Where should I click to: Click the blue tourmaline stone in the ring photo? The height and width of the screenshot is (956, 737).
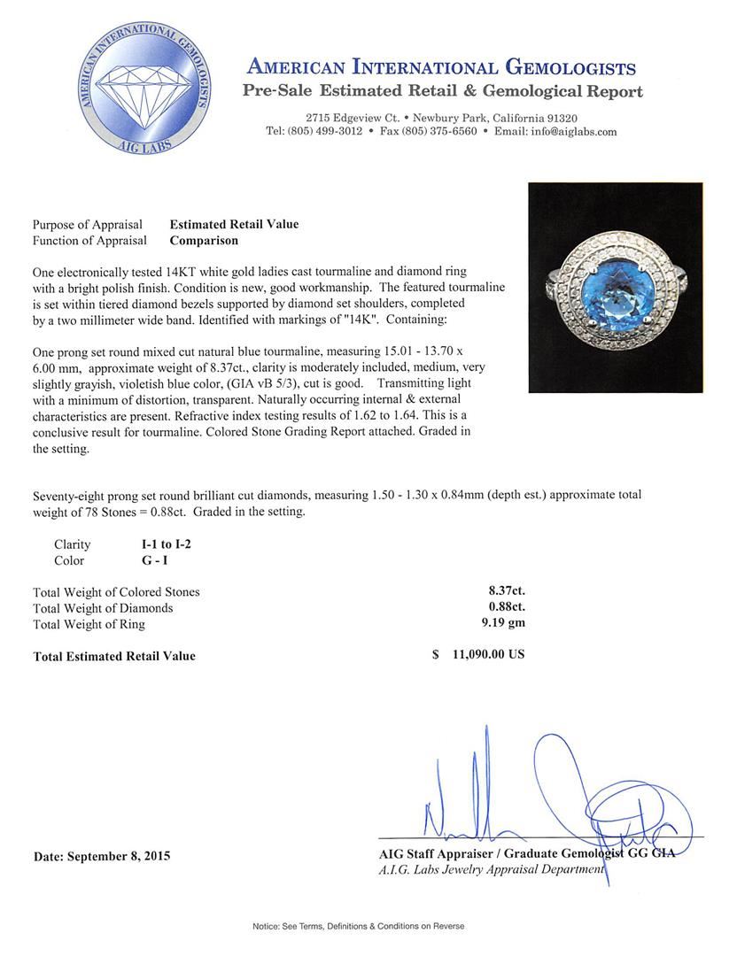615,282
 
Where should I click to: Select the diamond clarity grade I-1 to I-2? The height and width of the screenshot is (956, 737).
160,544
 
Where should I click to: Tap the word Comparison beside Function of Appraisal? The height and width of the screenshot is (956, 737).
204,240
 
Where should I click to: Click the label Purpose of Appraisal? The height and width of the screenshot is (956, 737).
89,224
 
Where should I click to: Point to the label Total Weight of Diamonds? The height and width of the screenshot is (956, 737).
103,608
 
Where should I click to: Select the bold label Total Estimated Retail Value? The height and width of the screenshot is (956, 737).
114,656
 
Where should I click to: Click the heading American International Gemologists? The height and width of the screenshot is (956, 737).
440,68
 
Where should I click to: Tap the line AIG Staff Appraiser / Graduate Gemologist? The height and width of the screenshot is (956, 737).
526,853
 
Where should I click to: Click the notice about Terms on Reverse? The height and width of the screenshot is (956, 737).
358,926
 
